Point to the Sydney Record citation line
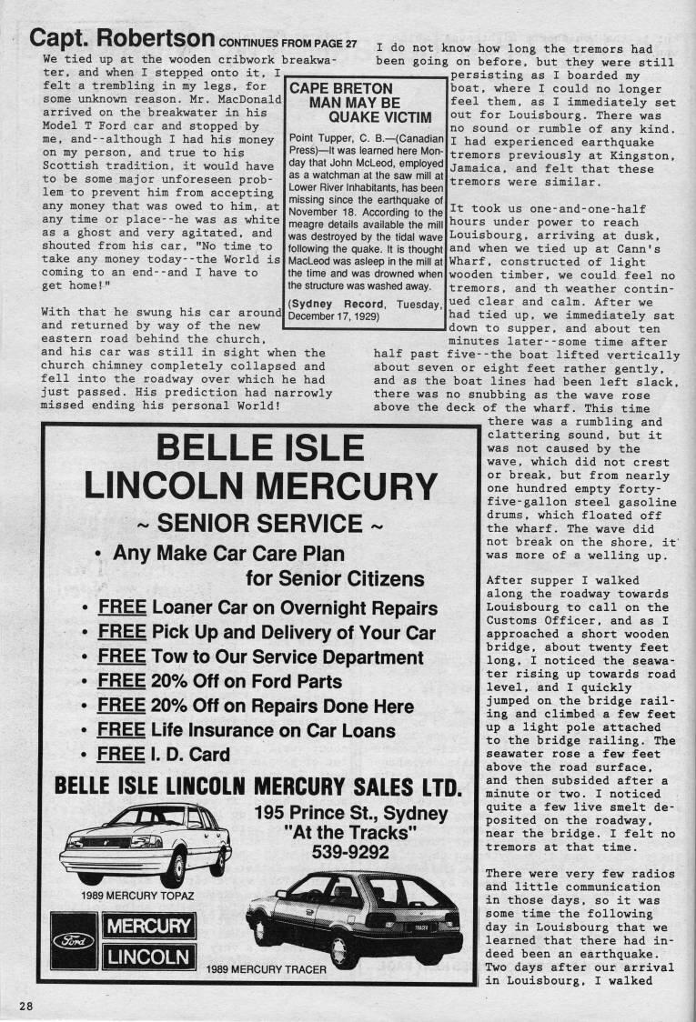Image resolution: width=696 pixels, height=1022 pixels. pos(366,309)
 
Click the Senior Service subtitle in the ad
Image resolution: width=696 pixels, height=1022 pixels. pos(261,523)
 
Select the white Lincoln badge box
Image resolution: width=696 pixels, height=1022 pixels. pos(149,957)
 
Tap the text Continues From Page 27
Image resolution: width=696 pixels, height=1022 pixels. pos(287,44)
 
